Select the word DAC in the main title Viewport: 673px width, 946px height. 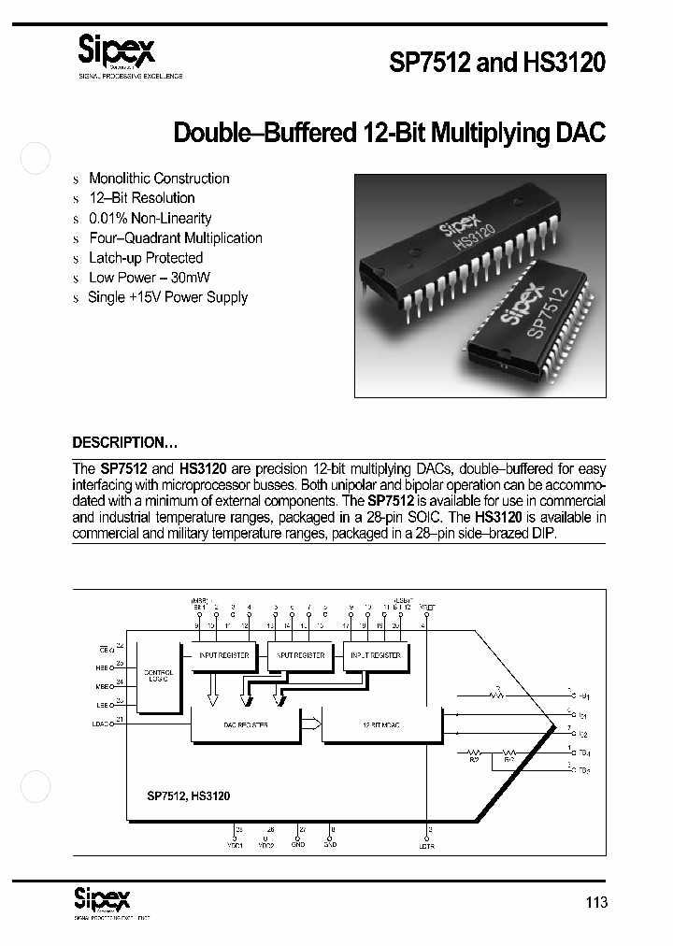pyautogui.click(x=581, y=133)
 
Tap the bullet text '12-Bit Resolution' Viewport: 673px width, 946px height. pyautogui.click(x=141, y=198)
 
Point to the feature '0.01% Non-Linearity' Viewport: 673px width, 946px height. pyautogui.click(x=150, y=218)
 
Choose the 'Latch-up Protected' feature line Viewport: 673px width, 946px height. pyautogui.click(x=145, y=258)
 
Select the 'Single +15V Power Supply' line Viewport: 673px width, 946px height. pyautogui.click(x=167, y=297)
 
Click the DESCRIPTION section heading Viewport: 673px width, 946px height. pyautogui.click(x=124, y=443)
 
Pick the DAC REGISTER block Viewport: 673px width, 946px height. pyautogui.click(x=245, y=725)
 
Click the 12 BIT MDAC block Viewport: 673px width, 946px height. pyautogui.click(x=380, y=725)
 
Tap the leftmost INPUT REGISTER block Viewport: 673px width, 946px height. pyautogui.click(x=224, y=655)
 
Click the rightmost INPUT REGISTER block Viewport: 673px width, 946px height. pyautogui.click(x=376, y=655)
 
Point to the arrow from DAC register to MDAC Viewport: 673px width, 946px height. pyautogui.click(x=310, y=722)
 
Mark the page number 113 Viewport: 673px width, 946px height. pyautogui.click(x=595, y=902)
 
